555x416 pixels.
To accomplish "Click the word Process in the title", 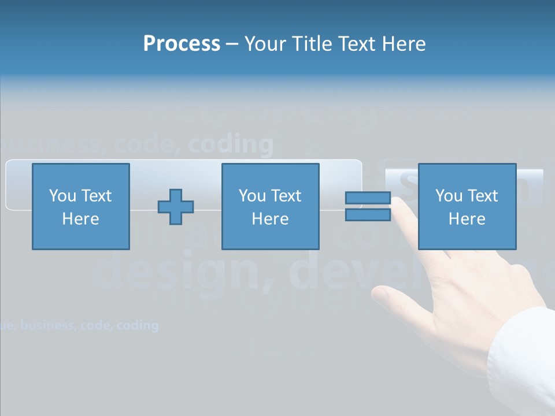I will coord(182,44).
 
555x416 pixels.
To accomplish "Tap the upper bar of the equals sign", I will coord(368,198).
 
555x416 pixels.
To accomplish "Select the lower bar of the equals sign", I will coord(368,215).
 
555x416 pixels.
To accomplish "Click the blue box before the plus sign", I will coord(81,206).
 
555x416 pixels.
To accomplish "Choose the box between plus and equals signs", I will coord(270,206).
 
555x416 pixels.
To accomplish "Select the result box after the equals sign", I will coord(467,206).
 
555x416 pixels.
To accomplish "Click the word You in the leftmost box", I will coord(62,196).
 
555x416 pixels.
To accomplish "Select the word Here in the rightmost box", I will coord(467,219).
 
